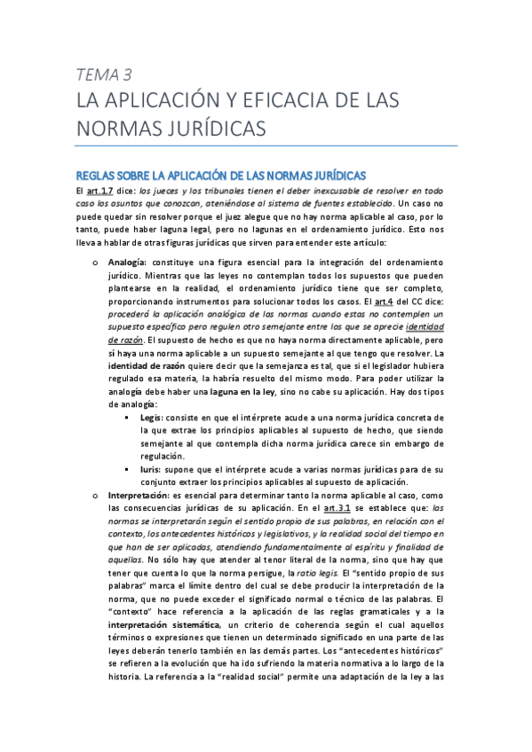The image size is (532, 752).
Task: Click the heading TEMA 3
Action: (104, 74)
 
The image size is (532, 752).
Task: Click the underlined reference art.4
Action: (384, 302)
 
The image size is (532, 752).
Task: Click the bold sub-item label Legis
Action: (152, 416)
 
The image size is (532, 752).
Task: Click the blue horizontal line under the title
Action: (266, 145)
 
